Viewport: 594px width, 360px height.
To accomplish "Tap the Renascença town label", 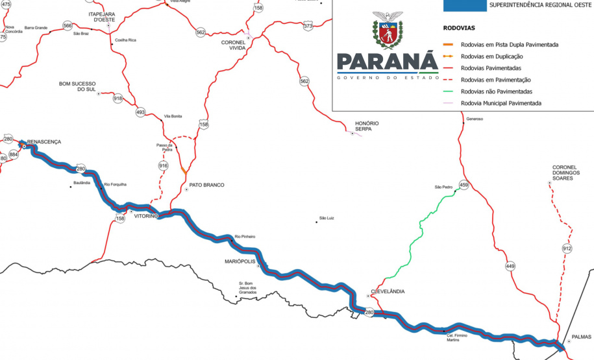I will pos(44,141).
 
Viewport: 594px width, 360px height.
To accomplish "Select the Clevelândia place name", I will pos(388,292).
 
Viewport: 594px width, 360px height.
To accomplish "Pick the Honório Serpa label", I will pos(367,126).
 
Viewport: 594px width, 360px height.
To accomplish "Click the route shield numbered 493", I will pos(140,112).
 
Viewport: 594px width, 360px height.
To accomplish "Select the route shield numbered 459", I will pos(464,185).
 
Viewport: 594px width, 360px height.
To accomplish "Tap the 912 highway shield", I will pos(567,248).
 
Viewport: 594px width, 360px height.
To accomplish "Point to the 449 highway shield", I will pos(511,267).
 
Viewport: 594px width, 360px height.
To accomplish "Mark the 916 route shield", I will pos(163,166).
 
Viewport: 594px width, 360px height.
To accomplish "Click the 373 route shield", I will pos(308,26).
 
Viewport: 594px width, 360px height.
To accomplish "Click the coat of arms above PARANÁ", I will pos(388,30).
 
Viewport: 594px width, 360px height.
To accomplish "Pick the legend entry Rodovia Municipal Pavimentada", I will pos(501,103).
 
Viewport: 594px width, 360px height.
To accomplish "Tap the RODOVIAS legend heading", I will pos(459,29).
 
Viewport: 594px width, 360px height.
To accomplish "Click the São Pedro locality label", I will pos(443,187).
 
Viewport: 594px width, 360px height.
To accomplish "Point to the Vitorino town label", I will pos(146,216).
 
